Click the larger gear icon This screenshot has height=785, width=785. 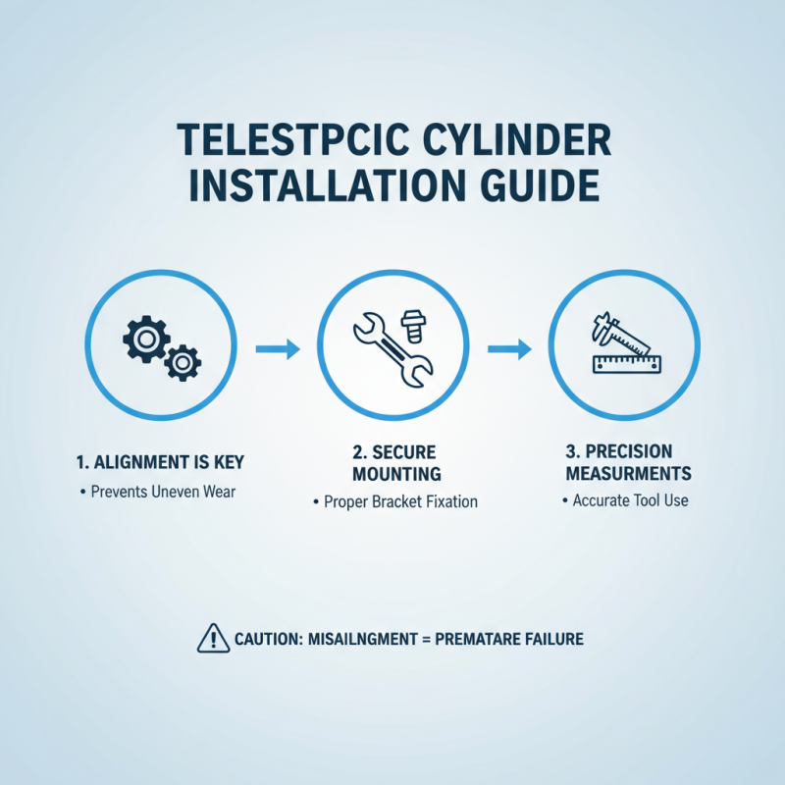(x=144, y=340)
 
